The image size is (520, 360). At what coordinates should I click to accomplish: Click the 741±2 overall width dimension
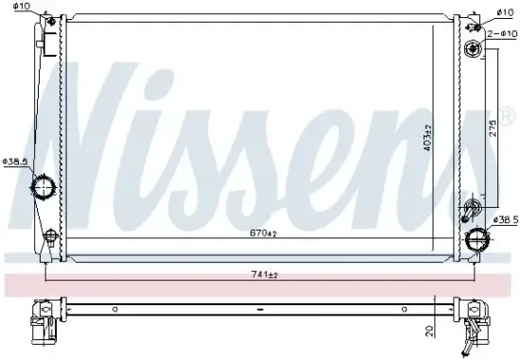tap(259, 274)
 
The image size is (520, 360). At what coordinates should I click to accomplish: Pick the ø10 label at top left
tap(22, 8)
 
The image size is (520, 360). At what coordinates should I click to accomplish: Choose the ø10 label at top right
tap(501, 12)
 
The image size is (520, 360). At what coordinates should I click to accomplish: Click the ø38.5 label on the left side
tap(15, 162)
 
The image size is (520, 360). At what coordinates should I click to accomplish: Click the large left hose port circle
tap(43, 186)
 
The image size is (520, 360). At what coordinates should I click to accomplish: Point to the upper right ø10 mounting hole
tap(473, 48)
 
